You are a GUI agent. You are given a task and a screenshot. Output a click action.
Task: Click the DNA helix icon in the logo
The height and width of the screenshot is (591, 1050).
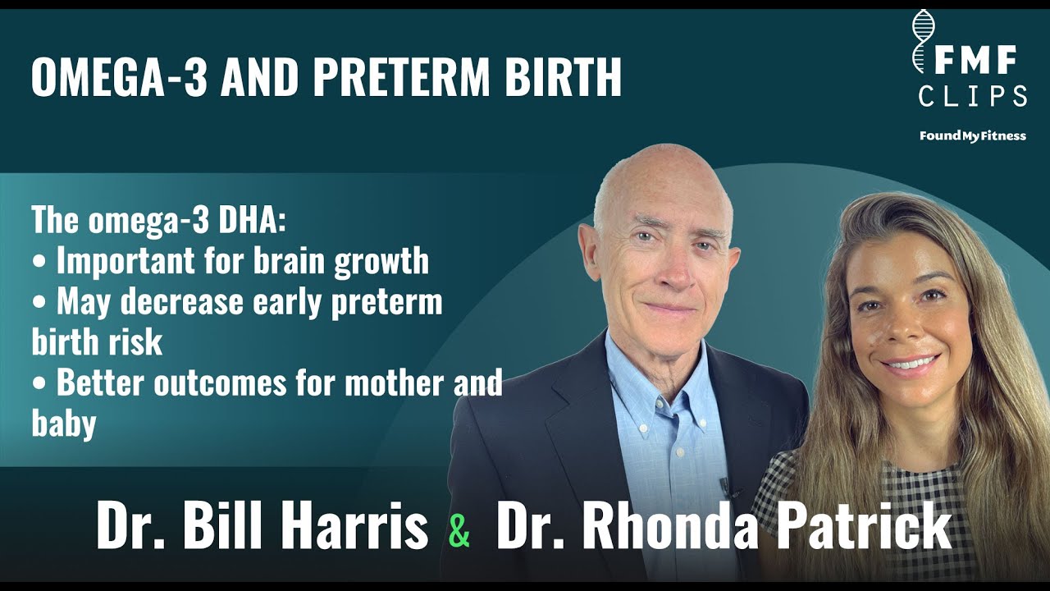[924, 41]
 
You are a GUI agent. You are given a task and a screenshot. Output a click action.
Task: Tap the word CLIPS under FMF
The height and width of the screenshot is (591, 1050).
[973, 96]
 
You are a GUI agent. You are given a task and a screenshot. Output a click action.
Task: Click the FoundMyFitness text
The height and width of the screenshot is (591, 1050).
[972, 136]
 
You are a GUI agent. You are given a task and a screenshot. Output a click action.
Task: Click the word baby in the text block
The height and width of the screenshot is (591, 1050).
[64, 424]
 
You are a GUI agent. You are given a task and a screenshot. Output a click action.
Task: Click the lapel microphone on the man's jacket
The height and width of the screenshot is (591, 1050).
[725, 487]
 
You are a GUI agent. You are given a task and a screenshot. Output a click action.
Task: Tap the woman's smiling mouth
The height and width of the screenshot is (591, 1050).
[908, 362]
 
